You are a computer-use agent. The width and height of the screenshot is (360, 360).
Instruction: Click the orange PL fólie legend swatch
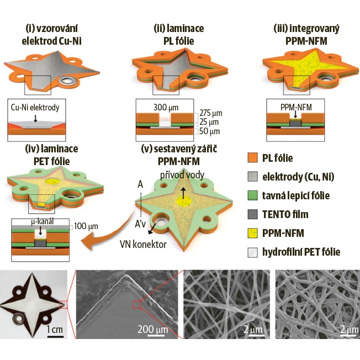click(x=252, y=158)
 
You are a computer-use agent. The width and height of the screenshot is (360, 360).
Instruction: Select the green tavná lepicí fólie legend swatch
click(x=252, y=195)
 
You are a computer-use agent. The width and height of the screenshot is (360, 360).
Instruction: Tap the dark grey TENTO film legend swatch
click(x=252, y=214)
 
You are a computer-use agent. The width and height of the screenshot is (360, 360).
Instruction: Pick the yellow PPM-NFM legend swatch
click(x=252, y=233)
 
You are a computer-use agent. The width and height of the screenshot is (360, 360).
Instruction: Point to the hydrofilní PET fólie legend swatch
click(x=252, y=252)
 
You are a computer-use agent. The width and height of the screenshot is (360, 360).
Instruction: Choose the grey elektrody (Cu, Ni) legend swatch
click(x=252, y=177)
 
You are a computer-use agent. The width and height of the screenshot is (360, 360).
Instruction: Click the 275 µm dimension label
click(x=211, y=113)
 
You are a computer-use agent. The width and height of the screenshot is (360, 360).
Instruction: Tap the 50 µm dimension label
click(x=209, y=131)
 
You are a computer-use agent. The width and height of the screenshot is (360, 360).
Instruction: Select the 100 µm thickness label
click(x=86, y=226)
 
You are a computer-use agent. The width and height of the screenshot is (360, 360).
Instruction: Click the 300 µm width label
click(x=166, y=108)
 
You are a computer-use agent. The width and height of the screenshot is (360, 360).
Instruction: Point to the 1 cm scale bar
click(x=55, y=337)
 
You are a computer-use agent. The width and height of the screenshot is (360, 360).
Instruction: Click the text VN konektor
click(x=143, y=245)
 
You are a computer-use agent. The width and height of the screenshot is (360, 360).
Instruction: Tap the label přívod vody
click(x=182, y=175)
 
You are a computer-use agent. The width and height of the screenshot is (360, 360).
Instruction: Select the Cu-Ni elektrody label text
click(x=35, y=108)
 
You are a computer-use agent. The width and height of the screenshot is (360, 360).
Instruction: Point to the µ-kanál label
click(x=42, y=221)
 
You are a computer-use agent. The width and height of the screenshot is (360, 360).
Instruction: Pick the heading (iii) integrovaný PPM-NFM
click(x=306, y=35)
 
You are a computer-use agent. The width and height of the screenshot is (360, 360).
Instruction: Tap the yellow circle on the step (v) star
click(x=183, y=201)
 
